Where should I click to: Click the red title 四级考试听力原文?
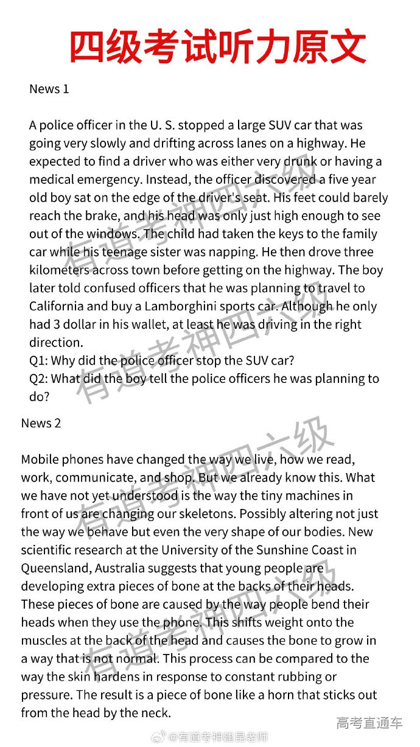[x=217, y=47]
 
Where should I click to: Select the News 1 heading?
[x=49, y=89]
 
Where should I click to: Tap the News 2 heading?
[x=41, y=423]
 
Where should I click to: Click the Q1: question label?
[x=40, y=360]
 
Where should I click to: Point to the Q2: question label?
[x=40, y=379]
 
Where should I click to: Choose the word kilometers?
[x=60, y=270]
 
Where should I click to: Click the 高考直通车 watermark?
[x=369, y=723]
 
